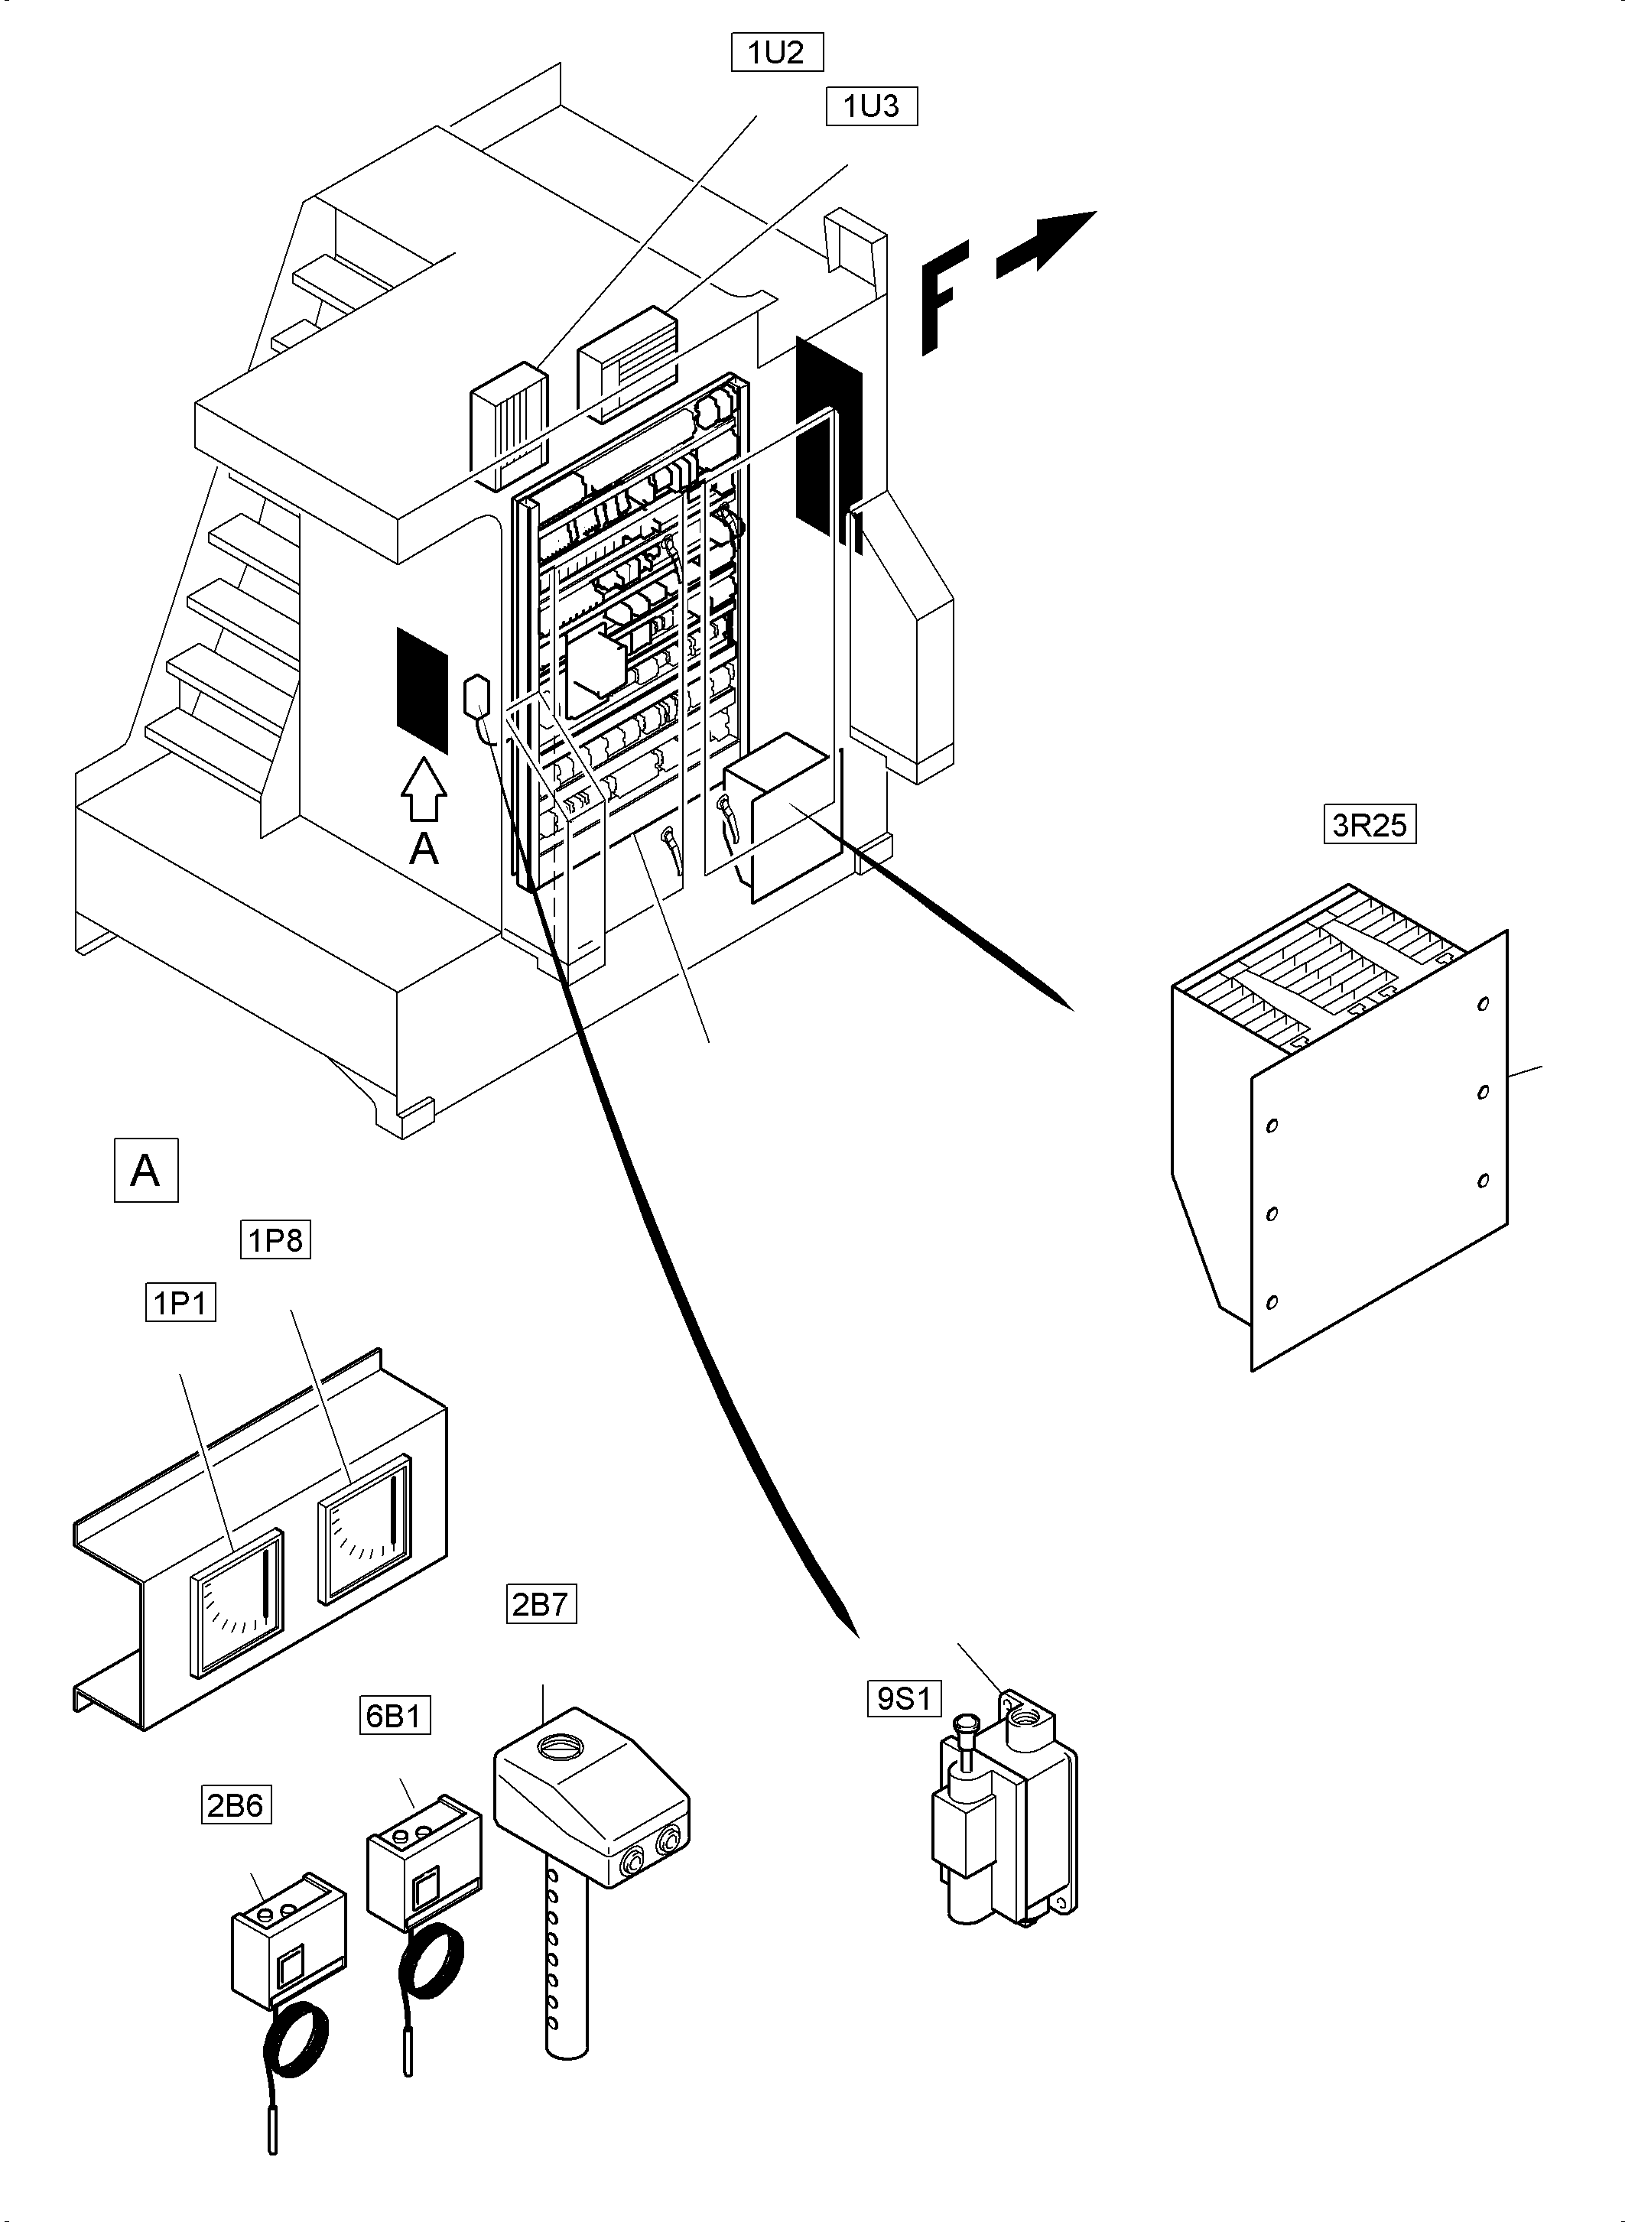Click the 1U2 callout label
tap(776, 53)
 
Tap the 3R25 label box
tap(1370, 824)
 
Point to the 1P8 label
tap(275, 1240)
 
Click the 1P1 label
tap(180, 1303)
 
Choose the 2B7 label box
tap(541, 1604)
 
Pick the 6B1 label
tap(394, 1715)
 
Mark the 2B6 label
tap(236, 1805)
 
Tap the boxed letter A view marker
tap(145, 1171)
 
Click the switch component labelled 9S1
tap(1003, 1820)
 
